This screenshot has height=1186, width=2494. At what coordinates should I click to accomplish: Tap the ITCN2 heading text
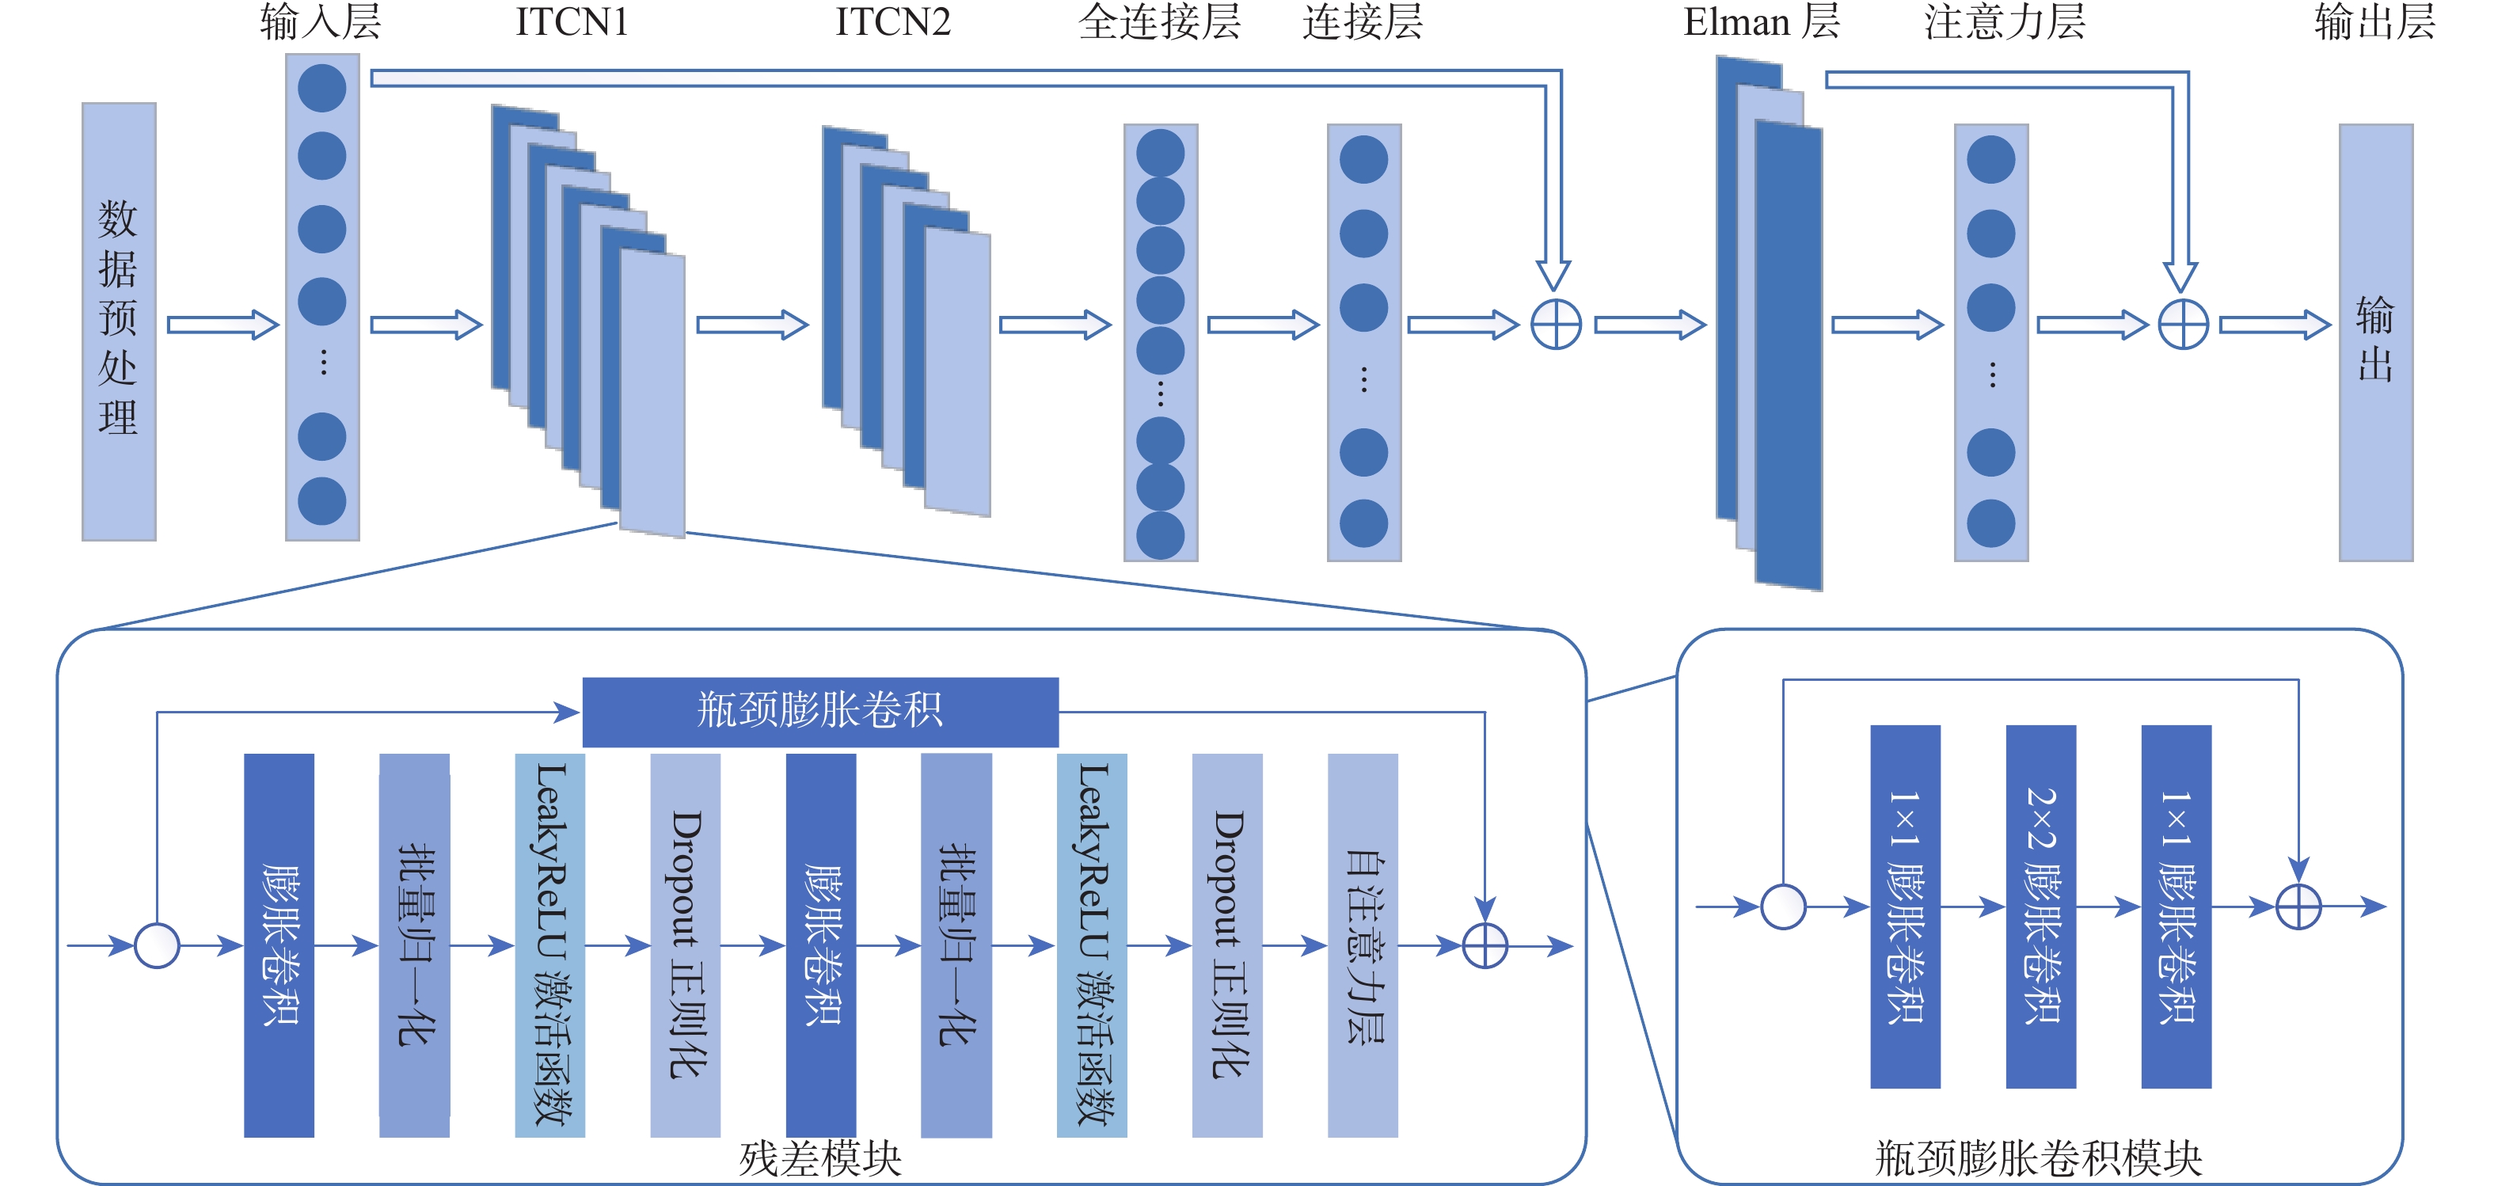[892, 22]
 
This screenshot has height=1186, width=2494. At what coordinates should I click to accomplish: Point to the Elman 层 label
[1761, 22]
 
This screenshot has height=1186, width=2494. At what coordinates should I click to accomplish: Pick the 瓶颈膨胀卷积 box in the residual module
[820, 712]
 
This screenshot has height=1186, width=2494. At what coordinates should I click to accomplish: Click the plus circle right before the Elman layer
[1556, 325]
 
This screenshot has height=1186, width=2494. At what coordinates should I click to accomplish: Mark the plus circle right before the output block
[2183, 325]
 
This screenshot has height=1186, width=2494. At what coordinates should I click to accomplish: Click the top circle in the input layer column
[322, 88]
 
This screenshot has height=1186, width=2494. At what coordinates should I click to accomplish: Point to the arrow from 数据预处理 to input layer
[222, 325]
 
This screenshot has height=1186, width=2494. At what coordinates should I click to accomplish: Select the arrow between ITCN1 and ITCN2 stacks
[751, 325]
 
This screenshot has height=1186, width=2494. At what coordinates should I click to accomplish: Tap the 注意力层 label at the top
[2004, 22]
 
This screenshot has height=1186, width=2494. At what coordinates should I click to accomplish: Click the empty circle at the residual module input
[157, 946]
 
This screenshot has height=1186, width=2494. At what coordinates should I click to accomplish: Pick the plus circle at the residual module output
[1485, 946]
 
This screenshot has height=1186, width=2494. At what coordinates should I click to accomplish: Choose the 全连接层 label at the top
[1159, 22]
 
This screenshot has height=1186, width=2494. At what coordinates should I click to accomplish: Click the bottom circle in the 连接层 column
[1363, 524]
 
